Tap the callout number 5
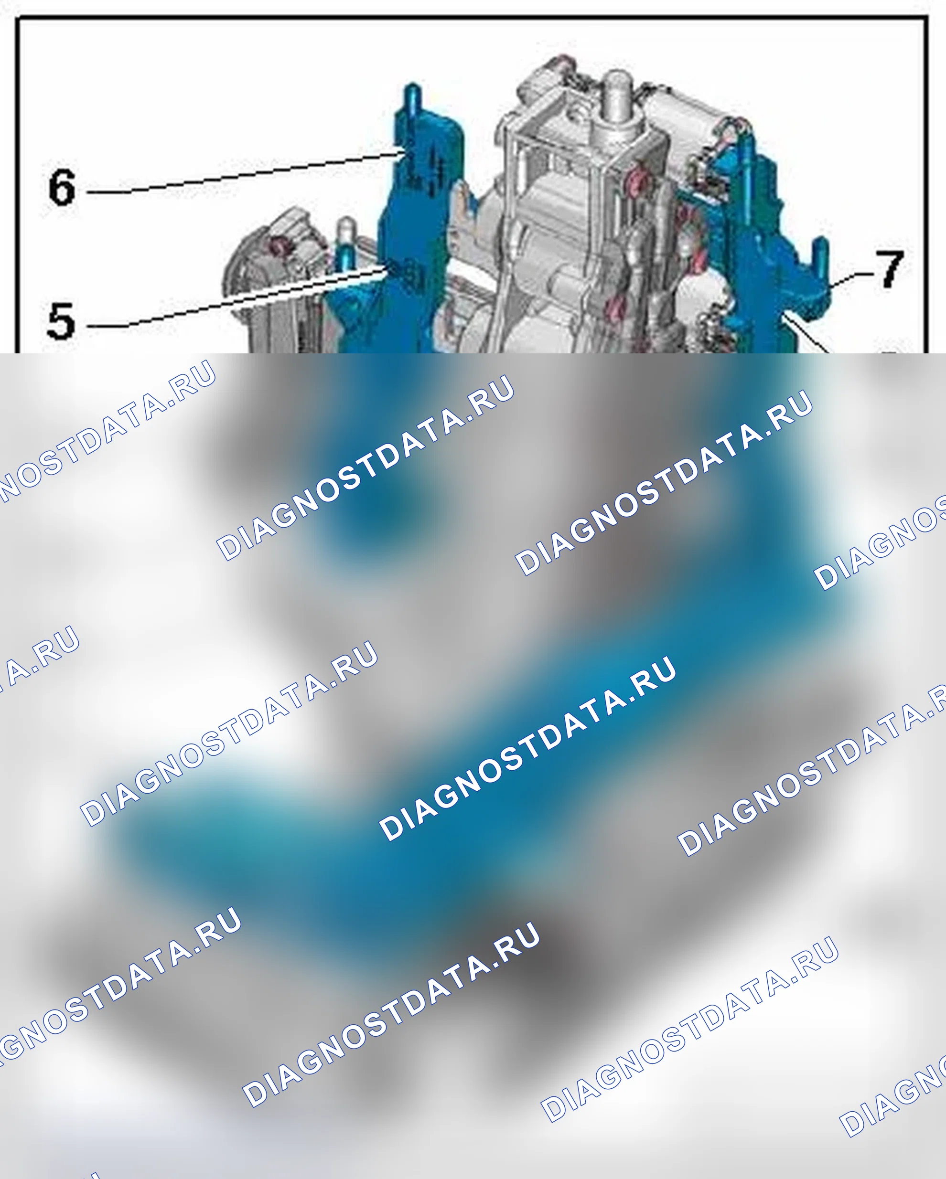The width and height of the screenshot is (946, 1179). (60, 321)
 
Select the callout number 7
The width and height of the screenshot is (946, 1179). (890, 268)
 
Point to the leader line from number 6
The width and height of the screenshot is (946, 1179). (245, 173)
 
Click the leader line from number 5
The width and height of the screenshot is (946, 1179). (235, 298)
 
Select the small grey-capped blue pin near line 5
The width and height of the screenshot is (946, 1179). (346, 244)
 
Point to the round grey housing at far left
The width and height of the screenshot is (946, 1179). (263, 257)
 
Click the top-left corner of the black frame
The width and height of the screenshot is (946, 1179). (16, 18)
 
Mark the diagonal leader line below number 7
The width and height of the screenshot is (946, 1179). (809, 334)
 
